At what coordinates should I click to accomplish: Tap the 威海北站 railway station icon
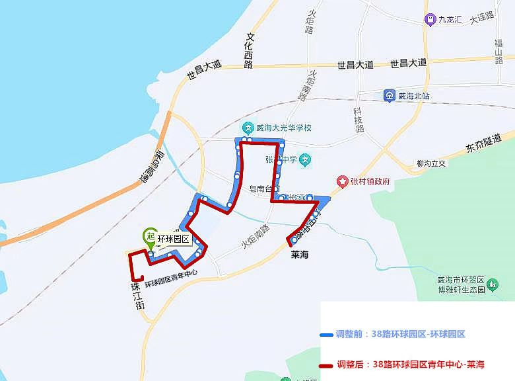pos(390,96)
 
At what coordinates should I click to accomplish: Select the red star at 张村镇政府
pos(342,181)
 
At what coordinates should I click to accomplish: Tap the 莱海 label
pos(300,253)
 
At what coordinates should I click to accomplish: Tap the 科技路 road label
pos(359,120)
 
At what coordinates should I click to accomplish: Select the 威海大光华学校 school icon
pos(248,127)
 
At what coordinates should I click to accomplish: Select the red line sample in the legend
pos(327,364)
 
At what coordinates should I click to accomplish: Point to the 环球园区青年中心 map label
pos(171,278)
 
